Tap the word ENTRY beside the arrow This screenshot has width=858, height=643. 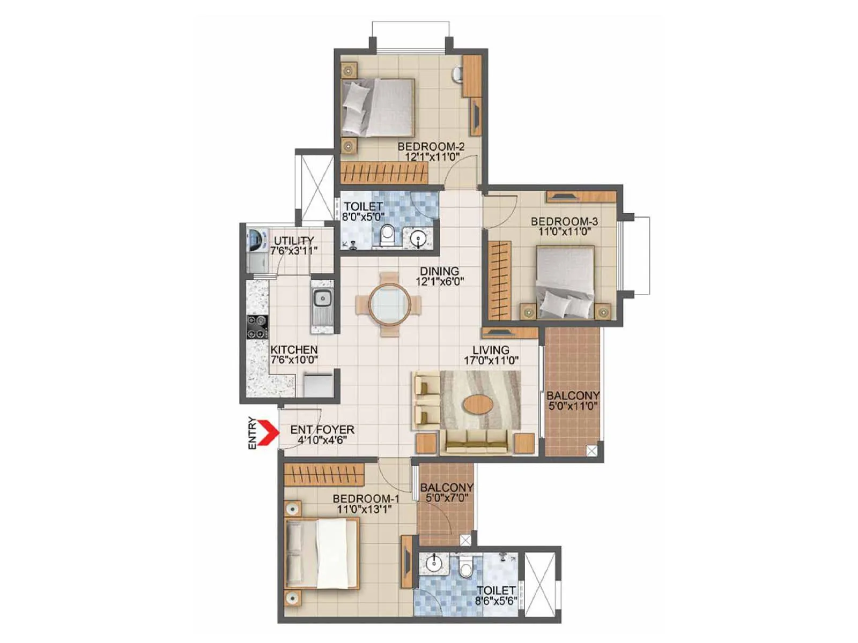252,433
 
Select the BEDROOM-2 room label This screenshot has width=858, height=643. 431,147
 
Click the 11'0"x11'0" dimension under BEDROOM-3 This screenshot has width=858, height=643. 564,232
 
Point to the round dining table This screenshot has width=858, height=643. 390,304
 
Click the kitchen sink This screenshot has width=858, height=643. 322,298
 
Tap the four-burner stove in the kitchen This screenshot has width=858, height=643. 257,327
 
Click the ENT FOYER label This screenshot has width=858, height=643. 322,430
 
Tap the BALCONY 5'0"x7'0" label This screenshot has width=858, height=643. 446,492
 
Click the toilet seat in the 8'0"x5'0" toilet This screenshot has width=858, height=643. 387,235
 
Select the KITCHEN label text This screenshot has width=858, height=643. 293,350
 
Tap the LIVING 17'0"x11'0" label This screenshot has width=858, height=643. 491,355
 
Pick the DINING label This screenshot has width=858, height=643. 439,271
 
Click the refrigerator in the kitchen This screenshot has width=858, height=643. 318,384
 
